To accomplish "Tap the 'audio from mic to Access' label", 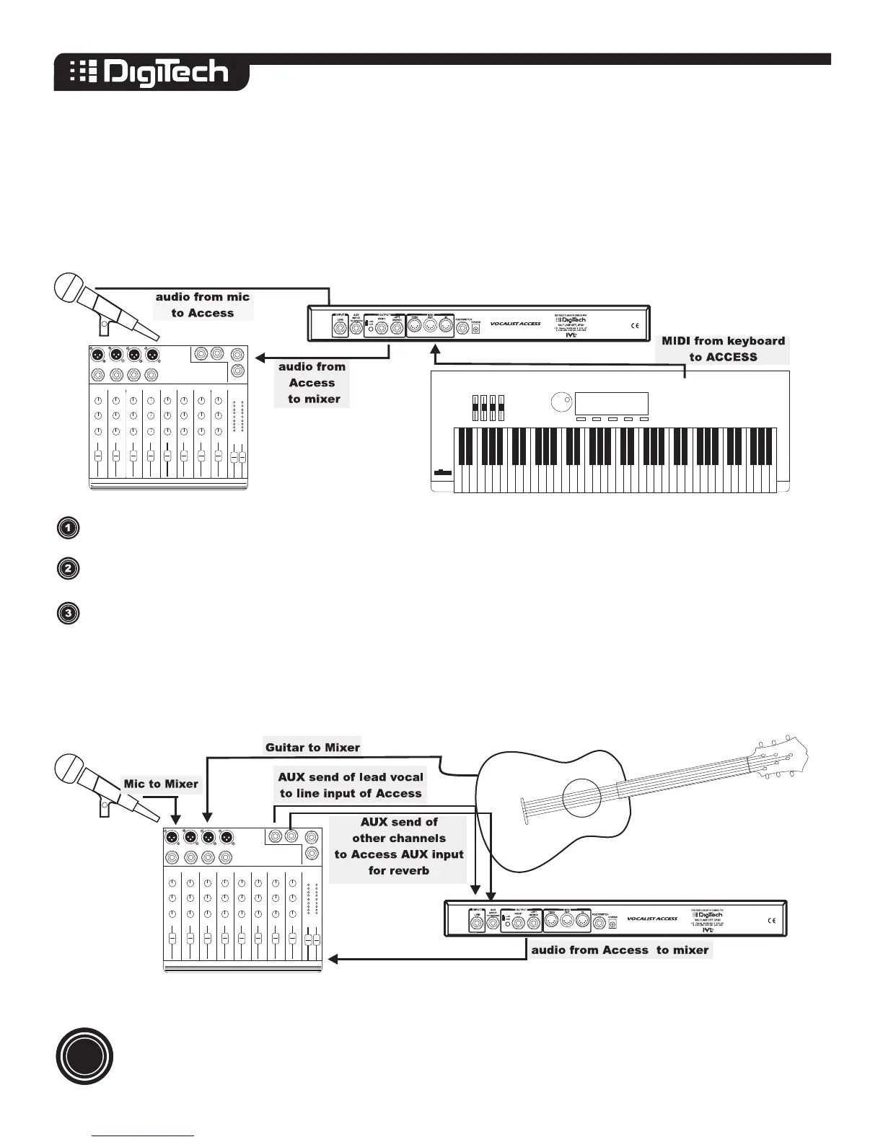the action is click(203, 305).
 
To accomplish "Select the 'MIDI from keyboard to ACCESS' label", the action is click(723, 349).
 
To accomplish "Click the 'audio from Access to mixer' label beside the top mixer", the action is click(312, 383).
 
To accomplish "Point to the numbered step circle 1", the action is click(68, 528).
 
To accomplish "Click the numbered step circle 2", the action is click(68, 568).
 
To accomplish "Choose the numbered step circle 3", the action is click(68, 614).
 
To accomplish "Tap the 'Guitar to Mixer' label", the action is click(312, 747).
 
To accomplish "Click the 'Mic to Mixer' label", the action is click(161, 784).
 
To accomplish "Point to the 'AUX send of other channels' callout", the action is click(399, 846).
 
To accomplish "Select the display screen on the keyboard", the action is click(612, 403).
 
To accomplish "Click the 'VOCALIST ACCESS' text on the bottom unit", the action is click(652, 919).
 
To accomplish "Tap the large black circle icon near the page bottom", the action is click(85, 1056).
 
